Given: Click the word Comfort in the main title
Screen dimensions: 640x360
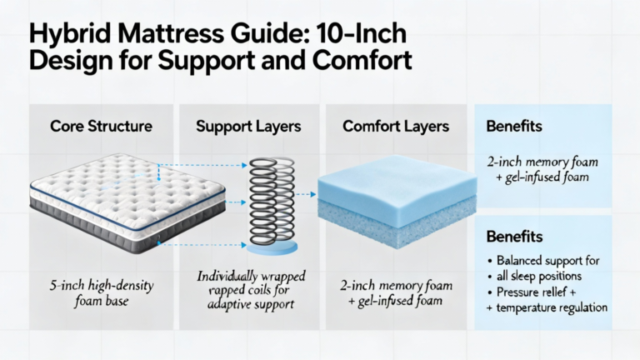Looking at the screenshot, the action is pyautogui.click(x=362, y=59).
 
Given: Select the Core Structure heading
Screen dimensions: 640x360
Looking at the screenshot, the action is pyautogui.click(x=101, y=126).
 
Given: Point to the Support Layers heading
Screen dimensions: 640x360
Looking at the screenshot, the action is pyautogui.click(x=248, y=126).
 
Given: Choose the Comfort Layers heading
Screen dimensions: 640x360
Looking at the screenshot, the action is pyautogui.click(x=396, y=126).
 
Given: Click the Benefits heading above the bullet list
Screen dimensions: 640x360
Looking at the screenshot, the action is pyautogui.click(x=514, y=237).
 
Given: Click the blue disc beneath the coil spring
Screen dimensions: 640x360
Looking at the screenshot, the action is pyautogui.click(x=272, y=247).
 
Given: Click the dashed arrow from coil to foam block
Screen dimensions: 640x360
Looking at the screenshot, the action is pyautogui.click(x=307, y=194).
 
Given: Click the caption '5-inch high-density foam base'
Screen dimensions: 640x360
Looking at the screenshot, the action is pyautogui.click(x=102, y=293).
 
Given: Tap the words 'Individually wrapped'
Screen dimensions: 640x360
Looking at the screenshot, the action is pyautogui.click(x=251, y=277).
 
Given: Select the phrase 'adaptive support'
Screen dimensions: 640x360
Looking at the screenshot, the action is pyautogui.click(x=251, y=304).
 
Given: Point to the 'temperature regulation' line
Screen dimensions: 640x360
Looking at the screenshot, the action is pyautogui.click(x=552, y=307).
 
